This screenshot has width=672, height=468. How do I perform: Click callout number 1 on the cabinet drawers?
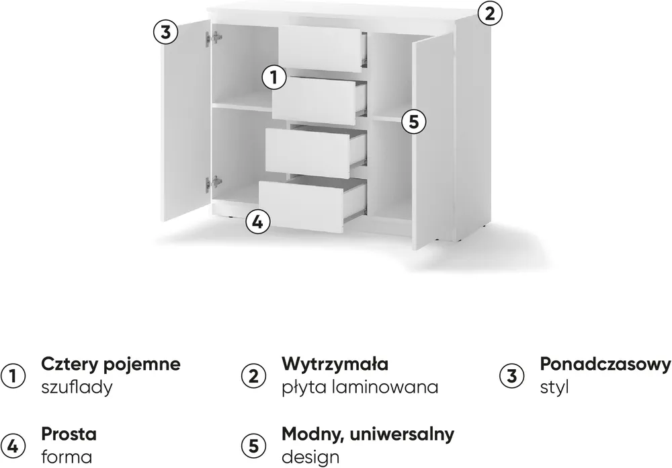[274, 77]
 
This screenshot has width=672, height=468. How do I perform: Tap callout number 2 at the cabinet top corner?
[490, 13]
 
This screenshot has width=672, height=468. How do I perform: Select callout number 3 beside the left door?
[165, 32]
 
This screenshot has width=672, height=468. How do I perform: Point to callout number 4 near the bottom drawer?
[257, 222]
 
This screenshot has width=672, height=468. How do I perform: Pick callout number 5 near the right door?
[413, 122]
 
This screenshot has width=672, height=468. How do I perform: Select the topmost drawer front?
[320, 48]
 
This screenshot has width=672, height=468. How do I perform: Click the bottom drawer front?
[301, 206]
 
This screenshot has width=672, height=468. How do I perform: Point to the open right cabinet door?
[432, 142]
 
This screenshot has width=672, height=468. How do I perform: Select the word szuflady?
[77, 387]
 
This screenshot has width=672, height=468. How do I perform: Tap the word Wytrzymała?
[335, 364]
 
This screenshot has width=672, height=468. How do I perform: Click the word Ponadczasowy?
[605, 364]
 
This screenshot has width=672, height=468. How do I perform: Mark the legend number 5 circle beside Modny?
[254, 446]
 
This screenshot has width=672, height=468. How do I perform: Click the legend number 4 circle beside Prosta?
[13, 446]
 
